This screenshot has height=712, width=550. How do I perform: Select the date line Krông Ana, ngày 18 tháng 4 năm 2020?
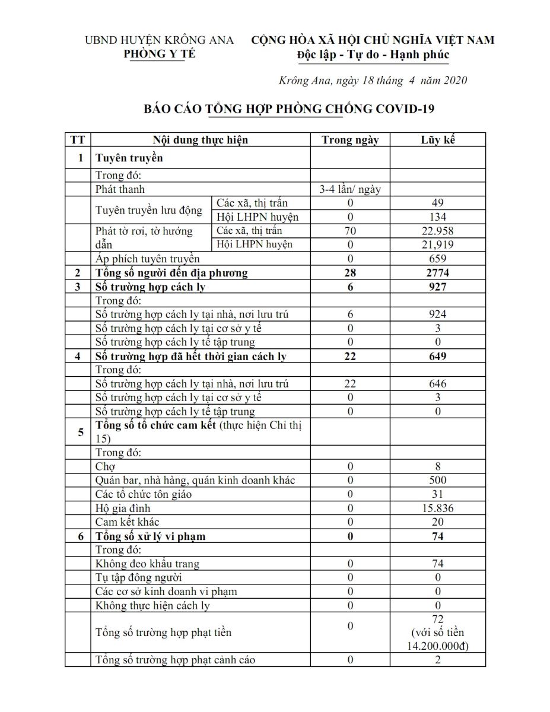tap(373, 81)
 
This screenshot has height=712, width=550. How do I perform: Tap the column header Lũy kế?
tap(438, 140)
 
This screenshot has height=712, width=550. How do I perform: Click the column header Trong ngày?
tap(350, 140)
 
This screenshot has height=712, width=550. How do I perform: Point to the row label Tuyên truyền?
tap(129, 158)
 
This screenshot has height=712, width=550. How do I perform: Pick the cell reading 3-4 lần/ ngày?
tap(350, 189)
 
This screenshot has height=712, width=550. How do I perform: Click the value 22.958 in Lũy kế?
tap(438, 231)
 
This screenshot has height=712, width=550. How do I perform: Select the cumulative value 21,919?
tap(438, 244)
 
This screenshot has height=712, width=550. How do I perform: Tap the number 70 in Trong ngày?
tap(350, 231)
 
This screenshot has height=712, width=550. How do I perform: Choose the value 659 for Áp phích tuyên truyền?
tap(438, 258)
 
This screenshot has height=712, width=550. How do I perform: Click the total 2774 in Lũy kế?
tap(438, 273)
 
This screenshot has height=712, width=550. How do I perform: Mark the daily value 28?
tap(350, 273)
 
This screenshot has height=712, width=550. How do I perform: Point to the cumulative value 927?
tap(438, 287)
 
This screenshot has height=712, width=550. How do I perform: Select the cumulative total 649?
tap(438, 357)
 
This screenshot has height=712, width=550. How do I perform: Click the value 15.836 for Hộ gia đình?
tap(438, 508)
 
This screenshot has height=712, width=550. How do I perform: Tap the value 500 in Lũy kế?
tap(438, 480)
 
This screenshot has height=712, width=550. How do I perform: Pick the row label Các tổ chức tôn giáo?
tap(143, 494)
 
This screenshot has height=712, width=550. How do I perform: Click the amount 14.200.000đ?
tap(438, 646)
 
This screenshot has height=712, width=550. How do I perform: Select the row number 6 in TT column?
tap(80, 536)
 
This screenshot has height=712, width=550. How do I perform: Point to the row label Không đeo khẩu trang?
tap(147, 564)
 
